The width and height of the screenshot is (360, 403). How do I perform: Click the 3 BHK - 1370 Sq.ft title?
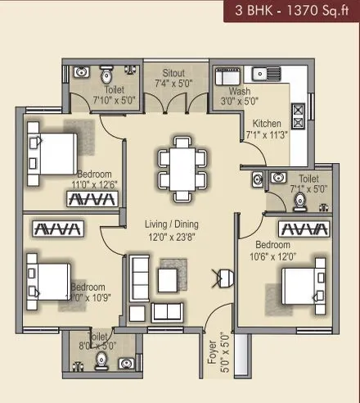(x=294, y=12)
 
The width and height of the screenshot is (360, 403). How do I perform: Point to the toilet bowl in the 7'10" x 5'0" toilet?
(x=106, y=75)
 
